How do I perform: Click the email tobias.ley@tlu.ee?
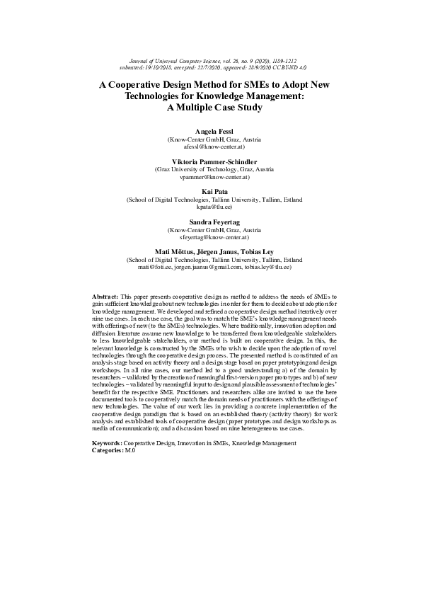point(267,267)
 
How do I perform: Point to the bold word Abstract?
point(105,295)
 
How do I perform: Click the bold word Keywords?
point(107,443)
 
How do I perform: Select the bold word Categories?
point(108,450)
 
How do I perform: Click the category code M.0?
point(130,450)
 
